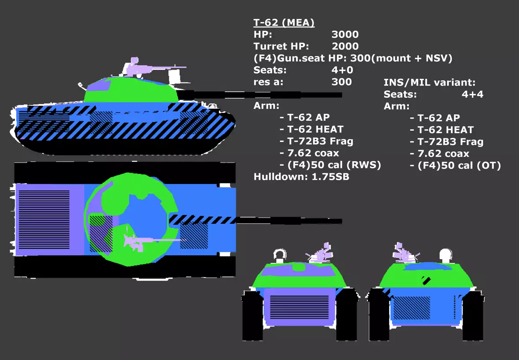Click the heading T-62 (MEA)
click(x=284, y=22)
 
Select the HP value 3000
click(x=345, y=34)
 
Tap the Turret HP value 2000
click(x=345, y=46)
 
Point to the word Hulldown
click(x=280, y=177)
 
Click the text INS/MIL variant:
click(x=429, y=82)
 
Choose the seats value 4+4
click(x=472, y=94)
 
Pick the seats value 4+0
click(x=342, y=70)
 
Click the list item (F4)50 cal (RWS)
click(x=330, y=165)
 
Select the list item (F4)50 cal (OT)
click(x=455, y=166)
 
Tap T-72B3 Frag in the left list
click(x=316, y=141)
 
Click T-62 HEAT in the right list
click(x=441, y=130)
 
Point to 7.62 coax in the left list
click(x=309, y=153)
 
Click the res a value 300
click(x=341, y=82)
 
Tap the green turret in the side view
click(x=130, y=90)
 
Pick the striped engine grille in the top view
click(x=44, y=219)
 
